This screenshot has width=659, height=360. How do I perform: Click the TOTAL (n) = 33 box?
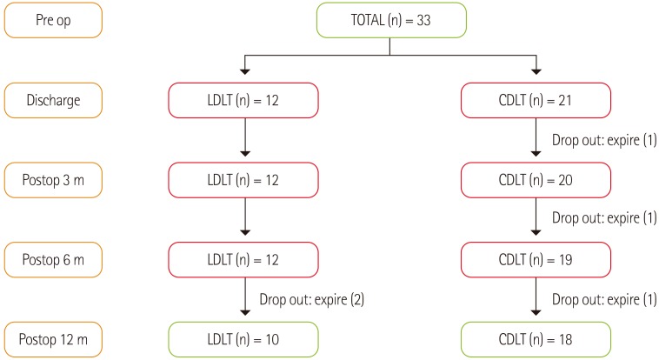(x=389, y=21)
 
